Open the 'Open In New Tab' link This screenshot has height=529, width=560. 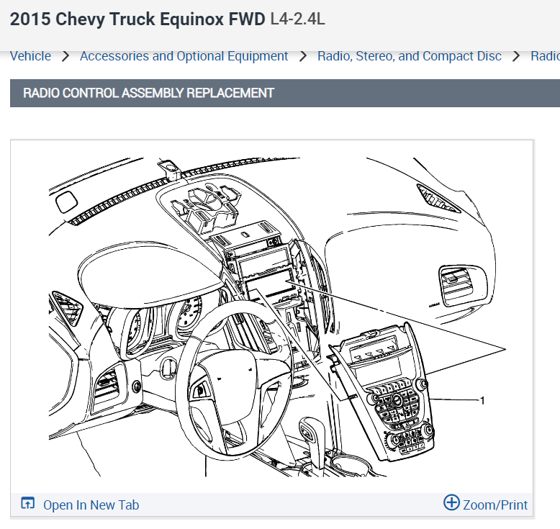point(91,505)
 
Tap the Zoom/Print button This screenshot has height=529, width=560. point(495,505)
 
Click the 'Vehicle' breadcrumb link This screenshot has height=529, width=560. point(30,56)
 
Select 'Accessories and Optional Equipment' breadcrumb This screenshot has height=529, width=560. point(184,56)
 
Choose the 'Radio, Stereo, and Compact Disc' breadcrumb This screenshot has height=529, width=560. point(409,56)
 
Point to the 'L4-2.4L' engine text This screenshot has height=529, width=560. point(297,19)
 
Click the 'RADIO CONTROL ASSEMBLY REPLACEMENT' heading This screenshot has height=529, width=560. point(148,93)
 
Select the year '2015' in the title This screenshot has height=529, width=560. point(30,19)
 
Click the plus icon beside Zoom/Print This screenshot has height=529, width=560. point(451,503)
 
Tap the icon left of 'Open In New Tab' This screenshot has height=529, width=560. point(28,504)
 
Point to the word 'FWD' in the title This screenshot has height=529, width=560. point(247,19)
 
